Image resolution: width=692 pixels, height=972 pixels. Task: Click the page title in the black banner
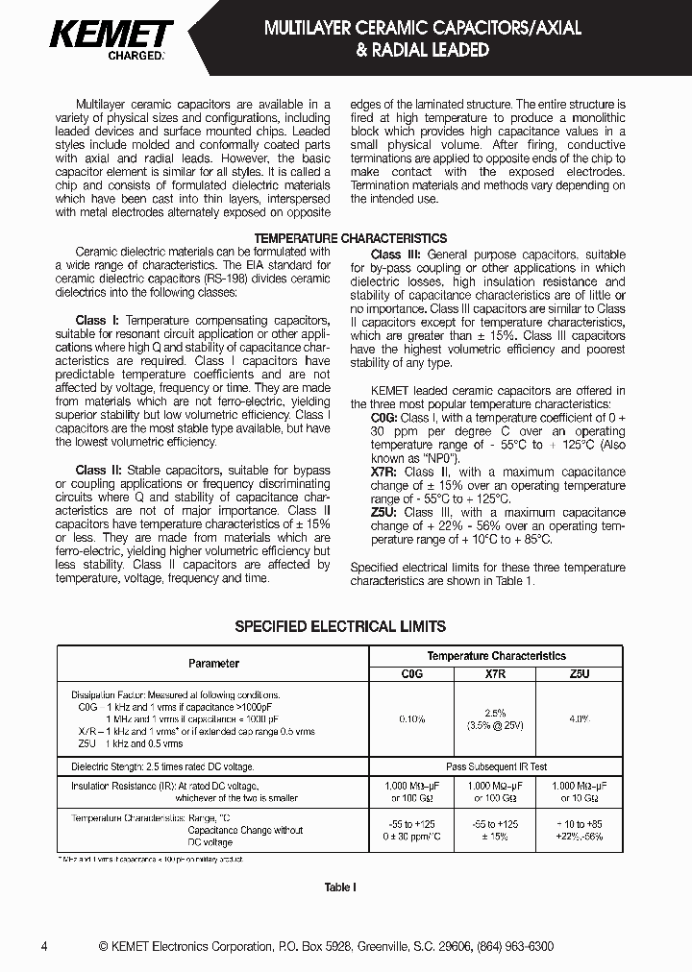[422, 38]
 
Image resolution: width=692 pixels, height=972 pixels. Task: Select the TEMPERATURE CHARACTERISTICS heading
[349, 237]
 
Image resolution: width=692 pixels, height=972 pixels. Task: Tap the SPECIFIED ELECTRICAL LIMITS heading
[341, 626]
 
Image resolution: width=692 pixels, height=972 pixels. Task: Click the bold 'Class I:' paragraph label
[98, 320]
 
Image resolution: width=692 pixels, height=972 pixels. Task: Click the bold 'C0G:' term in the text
[384, 419]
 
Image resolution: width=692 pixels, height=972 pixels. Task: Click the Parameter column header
[213, 663]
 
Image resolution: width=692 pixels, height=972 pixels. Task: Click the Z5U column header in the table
[579, 674]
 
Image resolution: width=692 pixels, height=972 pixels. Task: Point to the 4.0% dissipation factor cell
[579, 718]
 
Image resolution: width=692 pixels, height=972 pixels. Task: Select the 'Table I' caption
[338, 887]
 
